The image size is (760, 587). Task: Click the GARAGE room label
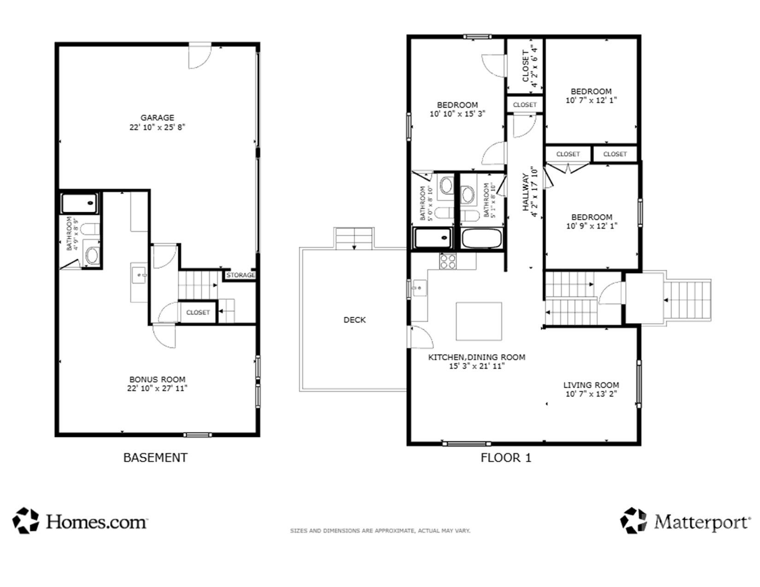pos(157,118)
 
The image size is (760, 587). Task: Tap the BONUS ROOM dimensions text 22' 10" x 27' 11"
pos(157,389)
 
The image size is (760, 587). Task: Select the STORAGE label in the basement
pos(240,275)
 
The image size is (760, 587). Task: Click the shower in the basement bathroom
pos(80,203)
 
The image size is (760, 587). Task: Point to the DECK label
pos(355,320)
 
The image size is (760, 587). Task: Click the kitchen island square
pos(479,321)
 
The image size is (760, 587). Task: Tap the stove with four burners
pos(447,262)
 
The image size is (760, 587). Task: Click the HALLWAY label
pos(525,192)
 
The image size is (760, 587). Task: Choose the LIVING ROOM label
pos(591,385)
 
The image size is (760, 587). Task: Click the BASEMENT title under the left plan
pos(155,458)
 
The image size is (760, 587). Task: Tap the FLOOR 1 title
pos(506,458)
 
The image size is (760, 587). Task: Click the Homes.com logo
pos(79,521)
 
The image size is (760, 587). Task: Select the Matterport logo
pos(684,521)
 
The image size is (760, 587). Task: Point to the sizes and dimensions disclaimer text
pos(380,531)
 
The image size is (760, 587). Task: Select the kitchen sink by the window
pos(419,288)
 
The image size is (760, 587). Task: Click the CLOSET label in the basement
pos(198,313)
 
